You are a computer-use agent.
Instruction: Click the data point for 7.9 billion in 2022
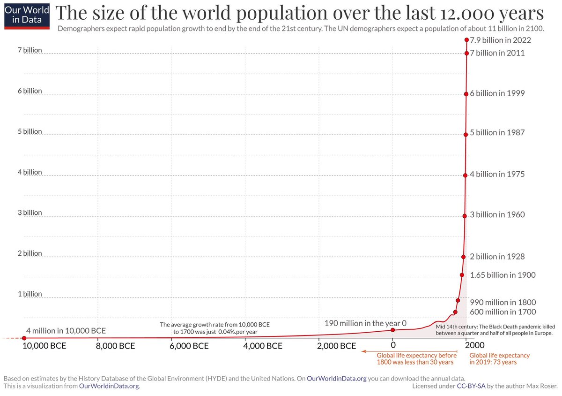[466, 40]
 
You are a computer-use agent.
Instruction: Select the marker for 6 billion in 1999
[466, 94]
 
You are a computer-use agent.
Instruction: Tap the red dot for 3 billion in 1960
[465, 216]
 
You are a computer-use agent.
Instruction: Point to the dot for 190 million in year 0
[393, 330]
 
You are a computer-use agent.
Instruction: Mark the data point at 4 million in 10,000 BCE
[24, 338]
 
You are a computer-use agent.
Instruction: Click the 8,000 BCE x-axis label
[115, 347]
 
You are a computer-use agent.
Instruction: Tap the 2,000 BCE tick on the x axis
[336, 347]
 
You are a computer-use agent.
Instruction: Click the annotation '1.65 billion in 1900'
[503, 275]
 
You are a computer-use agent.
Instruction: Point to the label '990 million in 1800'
[503, 302]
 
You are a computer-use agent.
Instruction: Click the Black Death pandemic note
[495, 329]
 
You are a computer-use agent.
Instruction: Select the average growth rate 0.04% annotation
[215, 328]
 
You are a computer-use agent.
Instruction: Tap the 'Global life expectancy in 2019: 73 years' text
[499, 359]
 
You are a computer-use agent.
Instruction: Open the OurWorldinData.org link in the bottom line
[109, 386]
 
